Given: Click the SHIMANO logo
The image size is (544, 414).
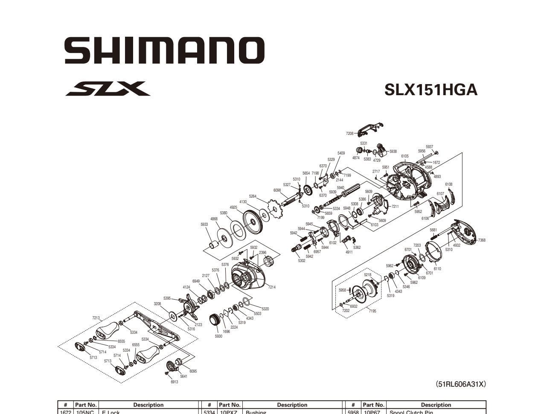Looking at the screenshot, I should pos(164,50).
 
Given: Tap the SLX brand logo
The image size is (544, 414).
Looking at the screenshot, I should pos(108,89).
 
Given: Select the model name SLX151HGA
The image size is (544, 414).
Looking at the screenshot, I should pos(431,90).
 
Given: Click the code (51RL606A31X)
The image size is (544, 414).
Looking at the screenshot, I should pos(460,384).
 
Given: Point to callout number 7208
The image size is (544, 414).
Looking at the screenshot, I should pos(349,134).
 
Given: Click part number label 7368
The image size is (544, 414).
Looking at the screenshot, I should pos(481,240).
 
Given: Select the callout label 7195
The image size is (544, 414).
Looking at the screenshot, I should pos(372,311).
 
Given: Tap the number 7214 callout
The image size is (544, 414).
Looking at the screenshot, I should pos(272,287).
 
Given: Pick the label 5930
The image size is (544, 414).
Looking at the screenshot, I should pos(218,336).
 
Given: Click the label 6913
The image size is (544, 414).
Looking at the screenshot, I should pos(174,382).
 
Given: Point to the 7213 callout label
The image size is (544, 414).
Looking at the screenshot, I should pos(96,318).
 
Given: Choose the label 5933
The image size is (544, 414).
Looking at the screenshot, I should pos(204,224).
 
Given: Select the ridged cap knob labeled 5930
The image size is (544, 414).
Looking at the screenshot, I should pos(215,320).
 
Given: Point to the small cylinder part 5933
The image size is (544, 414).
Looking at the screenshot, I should pos(213,245).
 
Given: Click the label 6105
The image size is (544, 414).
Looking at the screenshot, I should pos(404,156).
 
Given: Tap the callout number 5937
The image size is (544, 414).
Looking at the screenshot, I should pos(429,147).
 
